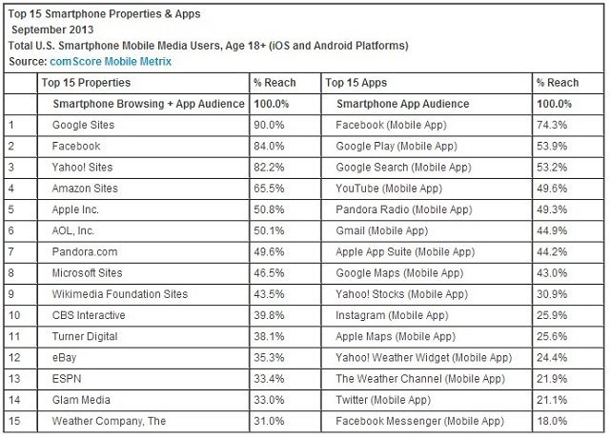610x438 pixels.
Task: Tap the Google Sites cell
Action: pos(84,125)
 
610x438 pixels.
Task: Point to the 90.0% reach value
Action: pos(270,125)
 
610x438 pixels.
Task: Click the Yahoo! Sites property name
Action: pos(84,168)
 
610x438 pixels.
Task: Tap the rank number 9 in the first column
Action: pos(12,294)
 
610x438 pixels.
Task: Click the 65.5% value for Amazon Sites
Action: pos(270,189)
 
